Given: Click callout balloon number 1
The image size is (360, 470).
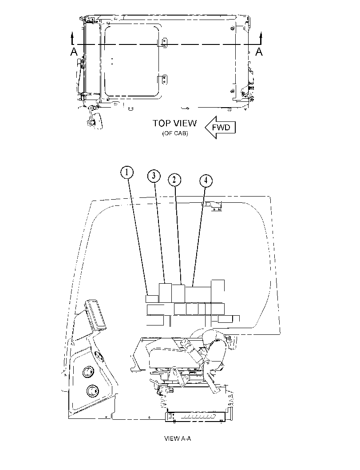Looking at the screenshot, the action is coord(127,173).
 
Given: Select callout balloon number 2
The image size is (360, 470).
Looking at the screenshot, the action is coord(175,180).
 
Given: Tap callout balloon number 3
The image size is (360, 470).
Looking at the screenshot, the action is coord(154,176).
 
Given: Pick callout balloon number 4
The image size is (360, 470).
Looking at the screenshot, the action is coord(206,181).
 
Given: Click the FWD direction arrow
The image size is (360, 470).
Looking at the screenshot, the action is coord(220,127).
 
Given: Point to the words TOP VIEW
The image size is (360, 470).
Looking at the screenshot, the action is coord(175,123).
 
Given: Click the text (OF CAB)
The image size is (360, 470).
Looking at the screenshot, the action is coord(175,133).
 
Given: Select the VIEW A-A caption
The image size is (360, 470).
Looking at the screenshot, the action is coord(178,438).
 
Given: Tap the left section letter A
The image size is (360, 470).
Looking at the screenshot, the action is coord(74,52).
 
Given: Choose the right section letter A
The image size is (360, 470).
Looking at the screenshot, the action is coord(259,52).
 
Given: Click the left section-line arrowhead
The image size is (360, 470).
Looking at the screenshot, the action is coord(72,35).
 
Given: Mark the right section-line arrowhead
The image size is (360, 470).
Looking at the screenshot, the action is coord(261,35).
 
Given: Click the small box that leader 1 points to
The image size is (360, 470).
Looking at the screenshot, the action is coord(152,299).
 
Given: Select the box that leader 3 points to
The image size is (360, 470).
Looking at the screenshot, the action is coord(165,293).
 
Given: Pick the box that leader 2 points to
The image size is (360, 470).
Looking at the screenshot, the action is coord(178,293).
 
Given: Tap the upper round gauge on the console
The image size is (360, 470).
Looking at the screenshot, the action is coord(88,372).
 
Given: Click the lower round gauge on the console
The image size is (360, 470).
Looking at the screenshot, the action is coord(92,391).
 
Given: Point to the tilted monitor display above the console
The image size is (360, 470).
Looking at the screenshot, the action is coord(95,314).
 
